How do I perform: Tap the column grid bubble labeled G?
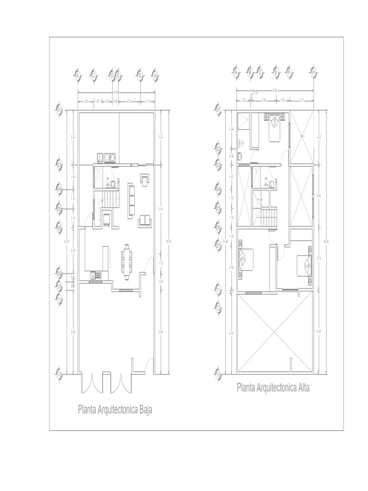pos(139,75)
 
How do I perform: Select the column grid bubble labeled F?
pos(289,72)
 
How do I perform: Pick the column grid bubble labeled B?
pos(250,72)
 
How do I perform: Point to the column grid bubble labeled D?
pos(112,75)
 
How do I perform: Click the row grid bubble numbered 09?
pos(59,274)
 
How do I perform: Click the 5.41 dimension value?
pos(160,209)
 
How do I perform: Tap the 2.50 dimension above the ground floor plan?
pos(129,101)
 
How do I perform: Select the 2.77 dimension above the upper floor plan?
pos(301,100)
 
